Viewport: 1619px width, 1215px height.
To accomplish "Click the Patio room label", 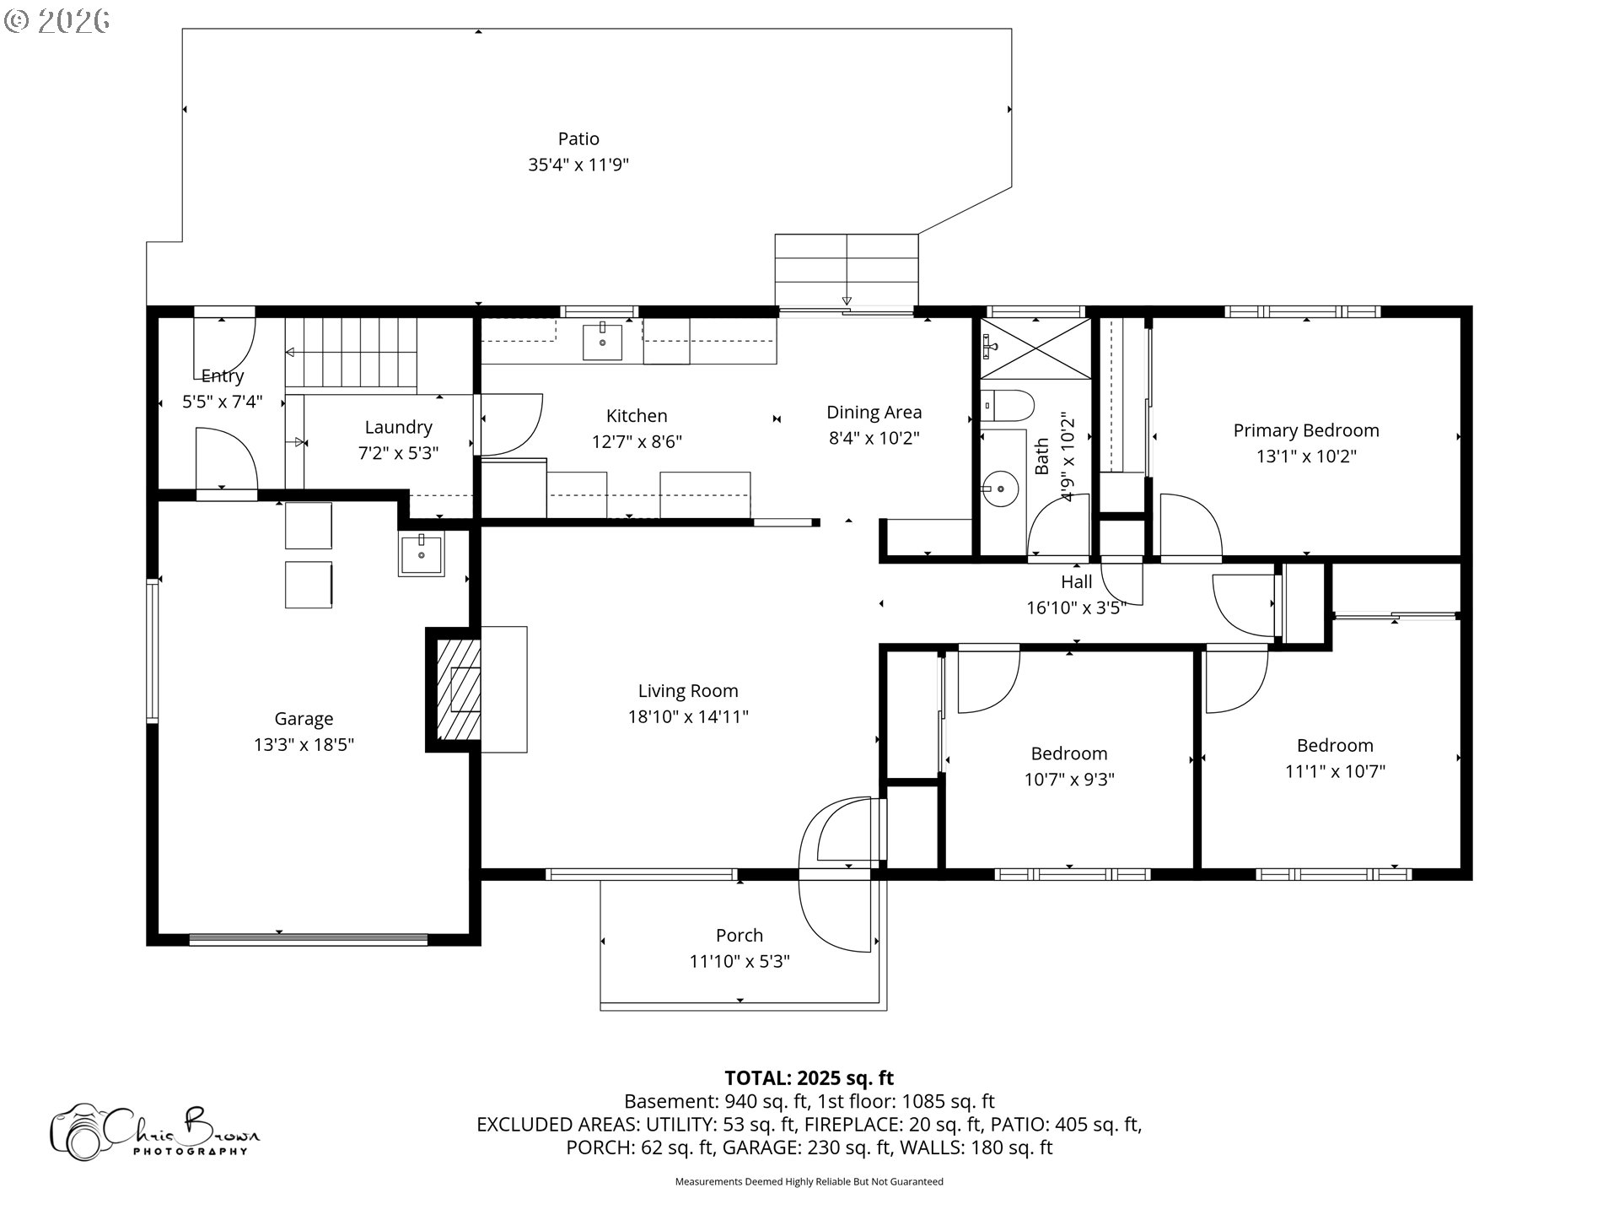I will (x=578, y=139).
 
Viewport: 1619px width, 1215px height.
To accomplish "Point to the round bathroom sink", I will (x=1000, y=489).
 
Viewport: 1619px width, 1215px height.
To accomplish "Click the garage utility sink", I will (x=421, y=553).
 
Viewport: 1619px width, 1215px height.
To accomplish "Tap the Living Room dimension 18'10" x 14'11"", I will (x=688, y=717).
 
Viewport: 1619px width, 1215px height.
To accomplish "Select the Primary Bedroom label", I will (x=1305, y=430).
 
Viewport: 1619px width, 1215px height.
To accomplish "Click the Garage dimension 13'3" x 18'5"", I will (x=304, y=745).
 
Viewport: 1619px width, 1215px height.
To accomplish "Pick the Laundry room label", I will (x=398, y=428).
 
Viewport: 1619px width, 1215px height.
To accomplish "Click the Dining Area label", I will (x=874, y=413).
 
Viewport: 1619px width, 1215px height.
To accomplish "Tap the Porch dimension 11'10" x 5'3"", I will (x=740, y=962).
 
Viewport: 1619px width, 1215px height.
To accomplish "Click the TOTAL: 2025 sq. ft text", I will (x=809, y=1077).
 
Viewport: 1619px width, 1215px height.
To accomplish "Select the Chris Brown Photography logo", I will (x=154, y=1131).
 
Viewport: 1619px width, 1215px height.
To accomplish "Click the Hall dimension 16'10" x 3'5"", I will (x=1076, y=608).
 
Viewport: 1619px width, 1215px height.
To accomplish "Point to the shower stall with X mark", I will (x=1036, y=348).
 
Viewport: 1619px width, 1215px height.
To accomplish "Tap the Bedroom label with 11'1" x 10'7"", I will (x=1335, y=746).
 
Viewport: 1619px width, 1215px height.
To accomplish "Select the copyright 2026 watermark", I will (x=57, y=20).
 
